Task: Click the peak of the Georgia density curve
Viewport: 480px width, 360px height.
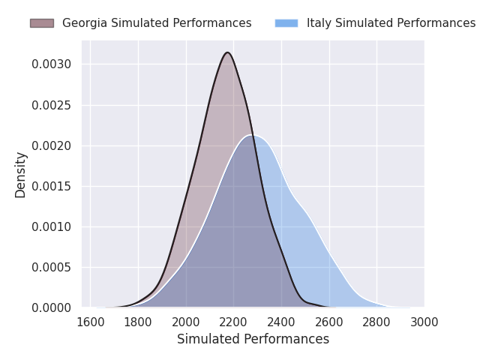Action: pyautogui.click(x=227, y=52)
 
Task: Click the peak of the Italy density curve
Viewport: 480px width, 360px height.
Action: pyautogui.click(x=250, y=135)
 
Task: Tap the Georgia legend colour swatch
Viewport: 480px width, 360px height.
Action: pyautogui.click(x=42, y=23)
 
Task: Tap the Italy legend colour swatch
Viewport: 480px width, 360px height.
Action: pyautogui.click(x=286, y=23)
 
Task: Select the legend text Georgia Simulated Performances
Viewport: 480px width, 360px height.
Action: pyautogui.click(x=157, y=23)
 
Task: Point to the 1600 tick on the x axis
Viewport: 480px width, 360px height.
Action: pyautogui.click(x=91, y=322)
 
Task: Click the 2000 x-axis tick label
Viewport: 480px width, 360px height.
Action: pyautogui.click(x=186, y=322)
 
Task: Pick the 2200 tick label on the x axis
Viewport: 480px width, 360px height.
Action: pyautogui.click(x=234, y=322)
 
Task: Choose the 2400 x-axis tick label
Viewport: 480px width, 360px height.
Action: pyautogui.click(x=281, y=322)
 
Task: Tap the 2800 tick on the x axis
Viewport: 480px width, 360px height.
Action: pyautogui.click(x=376, y=322)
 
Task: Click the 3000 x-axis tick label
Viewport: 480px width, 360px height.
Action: pyautogui.click(x=424, y=322)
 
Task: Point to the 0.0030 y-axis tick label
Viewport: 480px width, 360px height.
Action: pyautogui.click(x=52, y=64)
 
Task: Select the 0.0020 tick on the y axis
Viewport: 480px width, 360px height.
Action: pyautogui.click(x=52, y=145)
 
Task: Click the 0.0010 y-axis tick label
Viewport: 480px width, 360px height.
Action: pyautogui.click(x=52, y=226)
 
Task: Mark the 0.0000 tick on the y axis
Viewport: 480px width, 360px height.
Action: pyautogui.click(x=52, y=307)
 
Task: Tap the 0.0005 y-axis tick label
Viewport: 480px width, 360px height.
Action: pyautogui.click(x=52, y=267)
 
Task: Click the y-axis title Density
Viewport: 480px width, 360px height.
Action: pyautogui.click(x=21, y=174)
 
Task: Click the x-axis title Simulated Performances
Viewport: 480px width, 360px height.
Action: pyautogui.click(x=253, y=340)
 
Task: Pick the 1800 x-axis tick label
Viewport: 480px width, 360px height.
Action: pyautogui.click(x=139, y=322)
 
